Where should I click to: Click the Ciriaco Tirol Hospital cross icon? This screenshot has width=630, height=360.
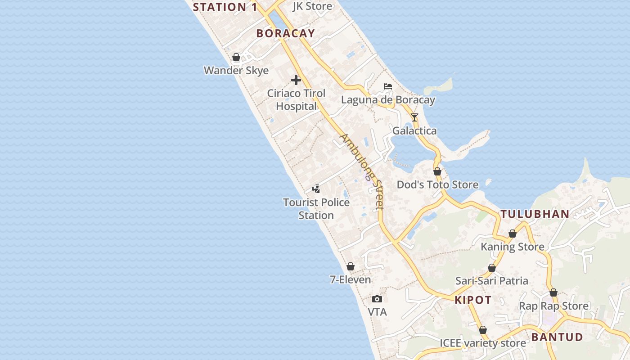(296, 80)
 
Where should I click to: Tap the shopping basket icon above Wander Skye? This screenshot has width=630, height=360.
(236, 57)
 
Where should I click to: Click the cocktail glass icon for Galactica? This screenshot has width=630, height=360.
(414, 117)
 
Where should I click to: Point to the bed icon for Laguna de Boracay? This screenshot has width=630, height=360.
(387, 86)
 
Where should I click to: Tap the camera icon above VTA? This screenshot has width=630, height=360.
(377, 299)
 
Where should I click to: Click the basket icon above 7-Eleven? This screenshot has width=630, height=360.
(351, 266)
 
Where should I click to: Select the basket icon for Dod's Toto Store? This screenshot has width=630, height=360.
(437, 171)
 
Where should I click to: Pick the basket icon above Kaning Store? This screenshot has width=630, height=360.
(512, 234)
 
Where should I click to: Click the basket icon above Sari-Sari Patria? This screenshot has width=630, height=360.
(492, 268)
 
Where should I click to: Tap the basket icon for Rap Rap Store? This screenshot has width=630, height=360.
(553, 292)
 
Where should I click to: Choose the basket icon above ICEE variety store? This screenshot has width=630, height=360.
(483, 330)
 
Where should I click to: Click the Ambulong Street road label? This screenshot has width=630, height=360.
(362, 171)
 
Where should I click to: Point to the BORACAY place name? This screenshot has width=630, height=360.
(285, 33)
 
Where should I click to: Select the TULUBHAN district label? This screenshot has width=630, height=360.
(535, 214)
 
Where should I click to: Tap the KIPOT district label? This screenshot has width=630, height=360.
(473, 300)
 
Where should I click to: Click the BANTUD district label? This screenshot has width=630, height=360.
(557, 337)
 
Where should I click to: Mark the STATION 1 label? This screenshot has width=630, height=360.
(225, 7)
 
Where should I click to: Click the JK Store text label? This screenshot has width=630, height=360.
(312, 6)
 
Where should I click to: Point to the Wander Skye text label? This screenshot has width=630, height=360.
(236, 71)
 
